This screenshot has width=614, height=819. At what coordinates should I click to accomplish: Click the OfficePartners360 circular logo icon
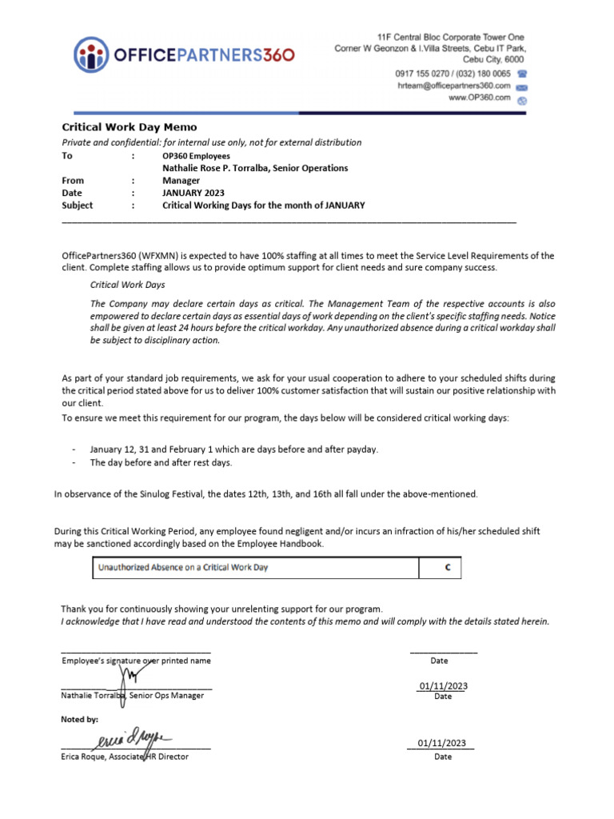91,55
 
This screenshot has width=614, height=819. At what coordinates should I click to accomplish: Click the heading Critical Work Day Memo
130,127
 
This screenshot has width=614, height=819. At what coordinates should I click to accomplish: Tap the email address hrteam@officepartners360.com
453,86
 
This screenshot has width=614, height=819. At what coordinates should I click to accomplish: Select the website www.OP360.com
479,98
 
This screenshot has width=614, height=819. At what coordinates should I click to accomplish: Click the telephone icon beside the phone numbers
522,74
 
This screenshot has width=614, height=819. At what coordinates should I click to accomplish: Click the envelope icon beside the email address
522,86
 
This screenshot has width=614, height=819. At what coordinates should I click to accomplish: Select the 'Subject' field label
78,206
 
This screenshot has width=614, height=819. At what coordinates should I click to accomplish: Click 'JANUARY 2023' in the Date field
193,193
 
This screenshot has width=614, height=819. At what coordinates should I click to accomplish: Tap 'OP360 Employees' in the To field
196,156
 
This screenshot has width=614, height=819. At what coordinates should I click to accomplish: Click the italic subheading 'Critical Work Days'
128,284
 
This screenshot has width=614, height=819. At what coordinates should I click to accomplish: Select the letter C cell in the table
448,568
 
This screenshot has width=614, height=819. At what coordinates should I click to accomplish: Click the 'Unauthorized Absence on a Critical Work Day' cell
183,568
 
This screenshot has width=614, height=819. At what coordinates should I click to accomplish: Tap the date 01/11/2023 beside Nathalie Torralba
442,686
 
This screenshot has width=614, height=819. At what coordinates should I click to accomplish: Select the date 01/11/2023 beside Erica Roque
442,744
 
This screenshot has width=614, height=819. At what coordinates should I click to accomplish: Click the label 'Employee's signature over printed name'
136,661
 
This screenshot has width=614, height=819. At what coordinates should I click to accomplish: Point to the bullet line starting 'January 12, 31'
233,449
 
